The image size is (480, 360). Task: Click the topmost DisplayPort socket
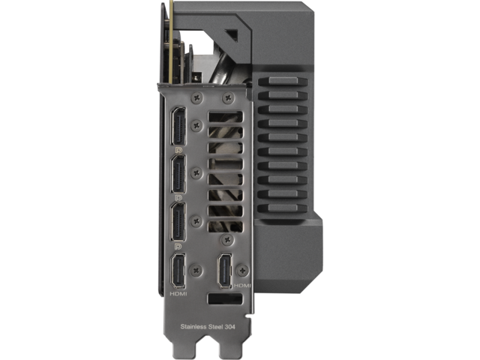click(x=178, y=126)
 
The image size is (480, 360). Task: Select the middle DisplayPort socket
click(x=178, y=174)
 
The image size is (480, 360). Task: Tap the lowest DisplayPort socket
click(x=178, y=222)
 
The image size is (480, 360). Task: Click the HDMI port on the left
click(x=178, y=271)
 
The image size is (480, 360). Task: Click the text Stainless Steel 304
click(x=208, y=327)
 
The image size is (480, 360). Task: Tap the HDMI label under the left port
click(x=178, y=294)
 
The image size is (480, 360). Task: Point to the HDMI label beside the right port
click(x=242, y=285)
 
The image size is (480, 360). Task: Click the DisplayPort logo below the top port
click(x=178, y=150)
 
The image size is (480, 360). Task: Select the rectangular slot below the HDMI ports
click(x=225, y=298)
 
